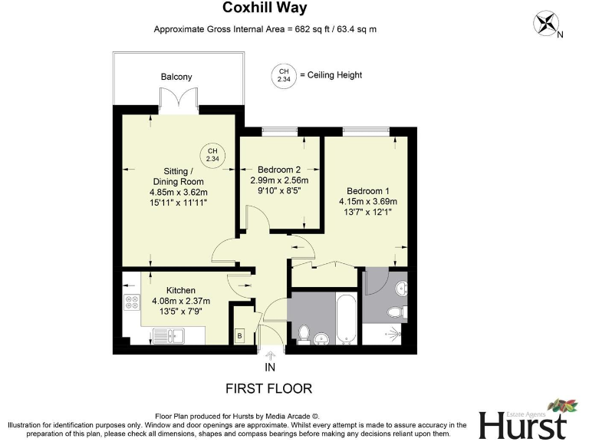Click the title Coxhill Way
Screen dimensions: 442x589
coord(265,8)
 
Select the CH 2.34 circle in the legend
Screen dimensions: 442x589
coord(283,75)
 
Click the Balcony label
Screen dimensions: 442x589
coord(176,77)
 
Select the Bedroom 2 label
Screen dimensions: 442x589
coord(278,169)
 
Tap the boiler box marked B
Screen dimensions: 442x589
coord(239,335)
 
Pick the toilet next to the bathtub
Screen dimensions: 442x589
coord(304,334)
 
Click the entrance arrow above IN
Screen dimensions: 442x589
coord(269,354)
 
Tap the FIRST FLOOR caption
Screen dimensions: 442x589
coord(268,388)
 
